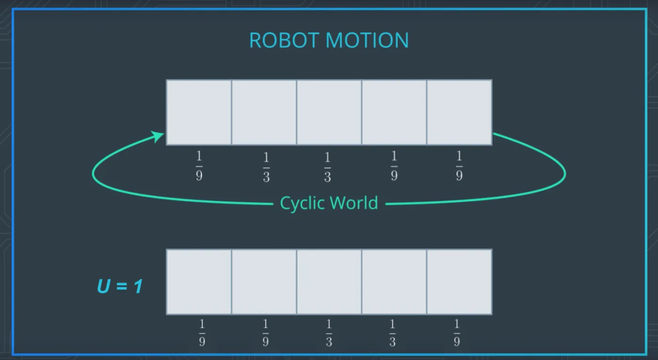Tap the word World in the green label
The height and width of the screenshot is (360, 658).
point(354,203)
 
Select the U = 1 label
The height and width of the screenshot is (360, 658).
point(120,286)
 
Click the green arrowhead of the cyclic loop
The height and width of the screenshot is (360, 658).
point(158,137)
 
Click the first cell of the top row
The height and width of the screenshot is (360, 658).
point(199,112)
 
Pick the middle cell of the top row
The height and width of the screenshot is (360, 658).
point(329,112)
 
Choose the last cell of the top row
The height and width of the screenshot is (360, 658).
point(459,112)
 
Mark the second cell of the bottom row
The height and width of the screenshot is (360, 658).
point(264,282)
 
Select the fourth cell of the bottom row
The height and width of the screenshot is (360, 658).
point(394,282)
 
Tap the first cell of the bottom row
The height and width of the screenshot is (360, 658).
point(199,282)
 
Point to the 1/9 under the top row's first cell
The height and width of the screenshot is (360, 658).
point(199,166)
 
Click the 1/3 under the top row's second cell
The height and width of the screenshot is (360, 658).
point(266,167)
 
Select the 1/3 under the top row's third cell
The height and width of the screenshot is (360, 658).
point(327,167)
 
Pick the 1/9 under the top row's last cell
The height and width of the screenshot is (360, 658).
point(459,166)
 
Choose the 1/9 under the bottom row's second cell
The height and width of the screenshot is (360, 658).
point(265,332)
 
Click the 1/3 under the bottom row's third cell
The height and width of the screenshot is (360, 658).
point(329,332)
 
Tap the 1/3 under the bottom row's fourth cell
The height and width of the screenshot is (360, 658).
point(392,332)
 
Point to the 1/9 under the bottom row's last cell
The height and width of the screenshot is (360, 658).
point(456,332)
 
